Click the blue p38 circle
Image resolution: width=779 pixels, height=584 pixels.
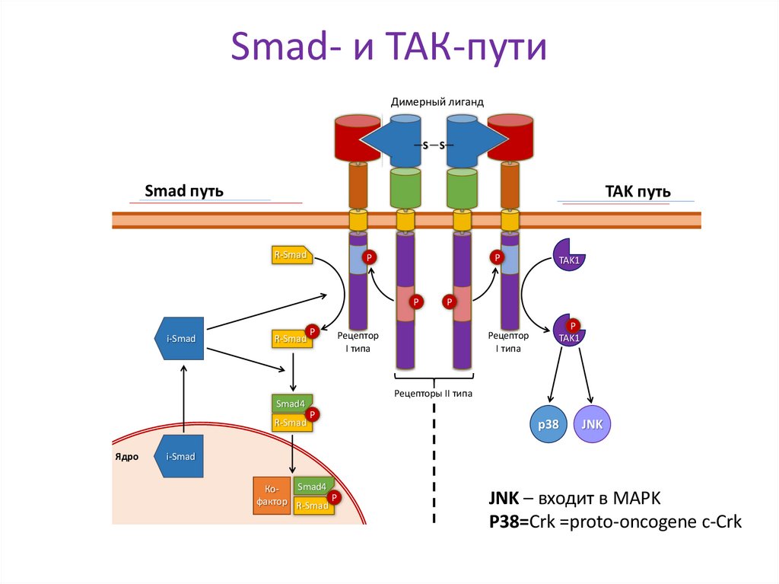[548, 423]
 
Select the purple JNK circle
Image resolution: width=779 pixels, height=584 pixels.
[592, 423]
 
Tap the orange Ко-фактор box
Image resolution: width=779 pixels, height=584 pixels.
[272, 495]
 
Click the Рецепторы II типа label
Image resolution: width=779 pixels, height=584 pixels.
[433, 394]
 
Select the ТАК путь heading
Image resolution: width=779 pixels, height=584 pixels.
[637, 190]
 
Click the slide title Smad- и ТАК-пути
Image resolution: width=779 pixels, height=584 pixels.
[389, 47]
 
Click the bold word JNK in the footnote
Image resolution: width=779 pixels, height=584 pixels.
[504, 499]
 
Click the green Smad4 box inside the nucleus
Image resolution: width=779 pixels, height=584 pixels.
[312, 487]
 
